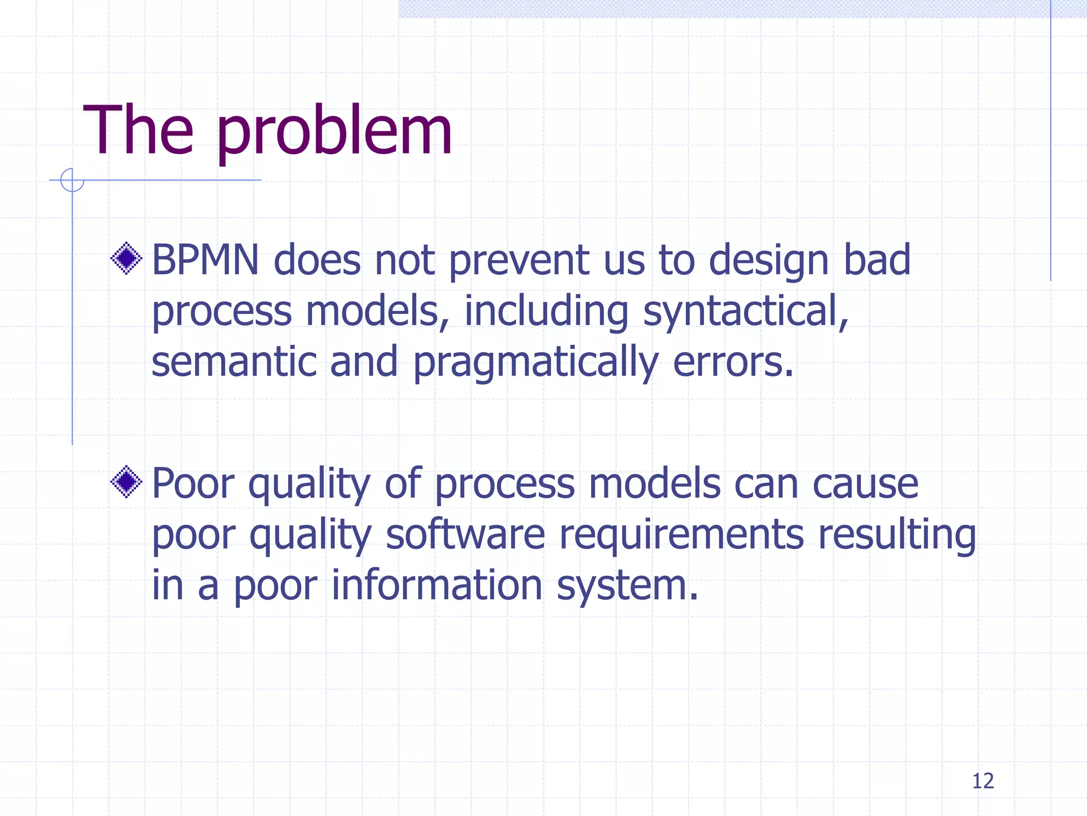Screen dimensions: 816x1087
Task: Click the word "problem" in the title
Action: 334,133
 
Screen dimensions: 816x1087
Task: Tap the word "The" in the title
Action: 138,130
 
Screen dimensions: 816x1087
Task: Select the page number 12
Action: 982,781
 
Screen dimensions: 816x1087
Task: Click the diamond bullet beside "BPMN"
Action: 126,259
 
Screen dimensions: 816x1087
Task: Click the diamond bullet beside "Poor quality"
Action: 126,482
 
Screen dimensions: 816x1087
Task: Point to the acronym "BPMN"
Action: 205,260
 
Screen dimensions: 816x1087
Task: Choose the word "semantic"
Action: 234,362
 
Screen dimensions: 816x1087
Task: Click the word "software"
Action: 465,534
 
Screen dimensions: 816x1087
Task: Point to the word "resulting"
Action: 896,534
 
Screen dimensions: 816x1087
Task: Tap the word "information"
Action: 437,585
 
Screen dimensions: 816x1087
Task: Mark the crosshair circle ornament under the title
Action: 72,180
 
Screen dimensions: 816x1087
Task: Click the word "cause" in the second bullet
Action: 865,484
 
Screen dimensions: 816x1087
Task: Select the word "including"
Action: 546,312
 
